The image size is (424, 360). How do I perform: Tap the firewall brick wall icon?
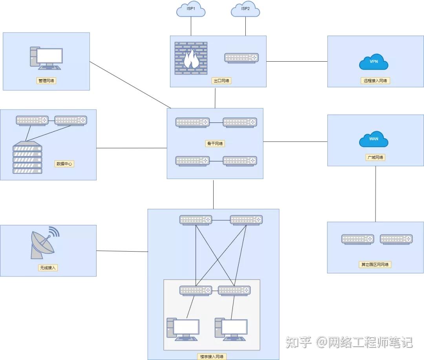click(191, 58)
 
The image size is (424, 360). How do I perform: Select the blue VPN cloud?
click(374, 62)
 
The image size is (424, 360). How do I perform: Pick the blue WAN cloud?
click(374, 139)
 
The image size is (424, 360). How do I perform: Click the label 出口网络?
click(221, 80)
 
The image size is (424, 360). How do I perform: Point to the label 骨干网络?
click(215, 143)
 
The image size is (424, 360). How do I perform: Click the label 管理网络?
click(46, 80)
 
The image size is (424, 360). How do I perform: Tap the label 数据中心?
click(64, 164)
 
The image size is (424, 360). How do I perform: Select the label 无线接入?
click(48, 268)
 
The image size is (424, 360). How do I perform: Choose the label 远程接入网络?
click(375, 80)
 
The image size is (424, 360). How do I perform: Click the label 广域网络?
click(375, 157)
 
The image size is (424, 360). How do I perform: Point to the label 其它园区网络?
click(375, 264)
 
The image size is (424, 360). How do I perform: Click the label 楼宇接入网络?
click(212, 356)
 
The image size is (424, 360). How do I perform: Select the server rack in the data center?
click(27, 157)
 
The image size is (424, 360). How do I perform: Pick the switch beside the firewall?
click(241, 58)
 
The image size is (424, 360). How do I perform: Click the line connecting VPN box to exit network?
click(297, 61)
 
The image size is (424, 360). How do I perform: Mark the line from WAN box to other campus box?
click(376, 194)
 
